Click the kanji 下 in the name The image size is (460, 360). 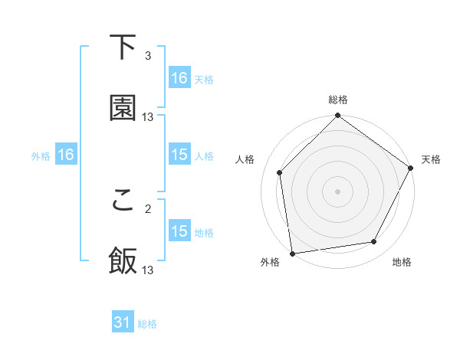(x=123, y=47)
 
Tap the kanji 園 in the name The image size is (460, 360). (x=123, y=108)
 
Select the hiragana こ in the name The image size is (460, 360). (x=123, y=200)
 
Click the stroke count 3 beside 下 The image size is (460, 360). (x=148, y=56)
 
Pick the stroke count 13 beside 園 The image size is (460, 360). (x=148, y=116)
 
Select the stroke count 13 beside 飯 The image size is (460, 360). (x=148, y=270)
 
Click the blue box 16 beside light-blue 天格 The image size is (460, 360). (x=179, y=78)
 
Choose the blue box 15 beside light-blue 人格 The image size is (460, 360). (x=179, y=155)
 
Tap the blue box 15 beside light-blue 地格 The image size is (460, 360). (x=179, y=231)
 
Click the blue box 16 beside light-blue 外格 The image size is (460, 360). (x=66, y=155)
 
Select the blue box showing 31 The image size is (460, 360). (x=123, y=323)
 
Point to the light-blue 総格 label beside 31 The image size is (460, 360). (x=147, y=324)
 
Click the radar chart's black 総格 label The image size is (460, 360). (x=337, y=100)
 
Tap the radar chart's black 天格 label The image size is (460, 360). (x=431, y=159)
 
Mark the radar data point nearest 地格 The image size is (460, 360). (x=374, y=242)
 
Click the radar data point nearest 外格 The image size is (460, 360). (x=292, y=253)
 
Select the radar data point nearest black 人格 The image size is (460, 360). (x=280, y=172)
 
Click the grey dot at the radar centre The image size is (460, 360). (x=337, y=191)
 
